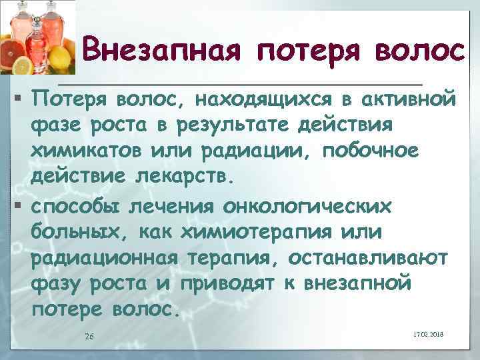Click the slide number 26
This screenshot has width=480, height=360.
coord(89,336)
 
